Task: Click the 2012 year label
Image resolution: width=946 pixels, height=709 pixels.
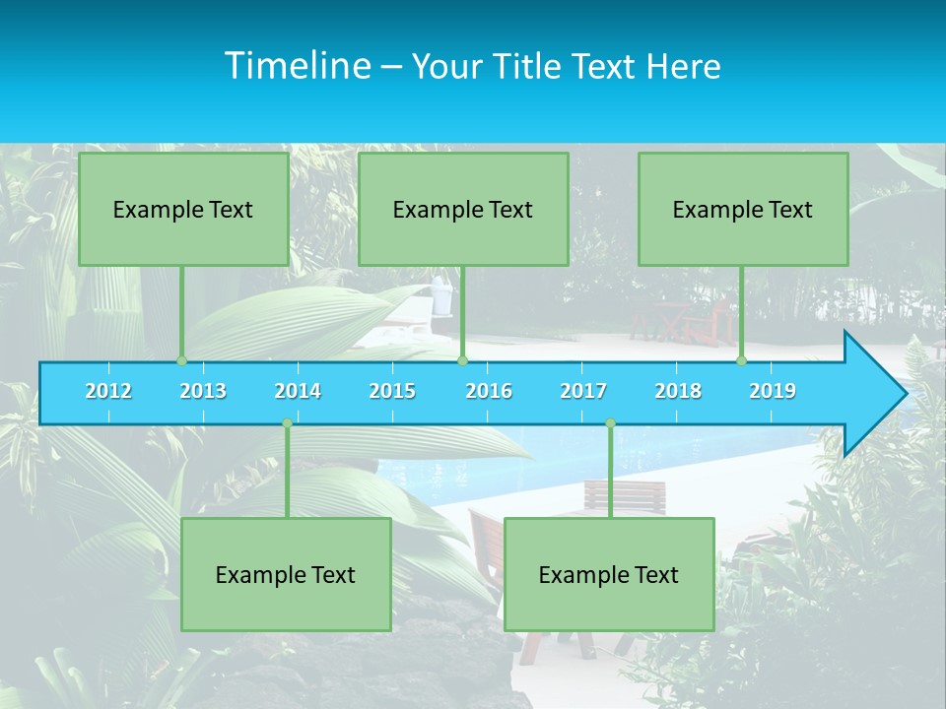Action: click(x=108, y=391)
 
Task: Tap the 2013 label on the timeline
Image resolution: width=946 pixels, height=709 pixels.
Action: click(x=203, y=391)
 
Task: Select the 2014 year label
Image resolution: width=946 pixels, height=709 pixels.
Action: click(x=298, y=391)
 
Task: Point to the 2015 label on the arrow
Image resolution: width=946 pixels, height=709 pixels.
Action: click(x=392, y=391)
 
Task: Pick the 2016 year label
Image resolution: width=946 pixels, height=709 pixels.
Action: click(x=489, y=391)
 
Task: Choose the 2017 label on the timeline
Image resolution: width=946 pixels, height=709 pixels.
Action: click(x=583, y=391)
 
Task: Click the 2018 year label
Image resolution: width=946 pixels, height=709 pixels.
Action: click(x=678, y=391)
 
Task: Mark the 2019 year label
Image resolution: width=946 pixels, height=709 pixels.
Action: click(x=773, y=391)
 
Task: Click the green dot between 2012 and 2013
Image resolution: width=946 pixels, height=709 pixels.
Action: click(x=181, y=361)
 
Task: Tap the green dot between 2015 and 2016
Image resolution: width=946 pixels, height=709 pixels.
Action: click(x=462, y=361)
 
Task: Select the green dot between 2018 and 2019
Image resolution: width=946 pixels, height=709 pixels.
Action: click(x=742, y=361)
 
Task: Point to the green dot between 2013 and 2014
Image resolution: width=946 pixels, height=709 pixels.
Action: click(x=287, y=423)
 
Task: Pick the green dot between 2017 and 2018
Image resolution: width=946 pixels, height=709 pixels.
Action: click(x=610, y=423)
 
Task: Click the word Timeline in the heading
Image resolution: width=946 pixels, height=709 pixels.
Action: click(x=296, y=66)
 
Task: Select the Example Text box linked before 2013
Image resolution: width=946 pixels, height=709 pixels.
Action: click(x=183, y=209)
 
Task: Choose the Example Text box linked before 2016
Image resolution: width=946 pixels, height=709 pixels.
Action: click(x=463, y=209)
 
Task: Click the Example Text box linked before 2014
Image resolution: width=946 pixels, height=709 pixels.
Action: click(x=286, y=574)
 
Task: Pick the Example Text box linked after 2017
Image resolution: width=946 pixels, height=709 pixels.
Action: click(x=609, y=574)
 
